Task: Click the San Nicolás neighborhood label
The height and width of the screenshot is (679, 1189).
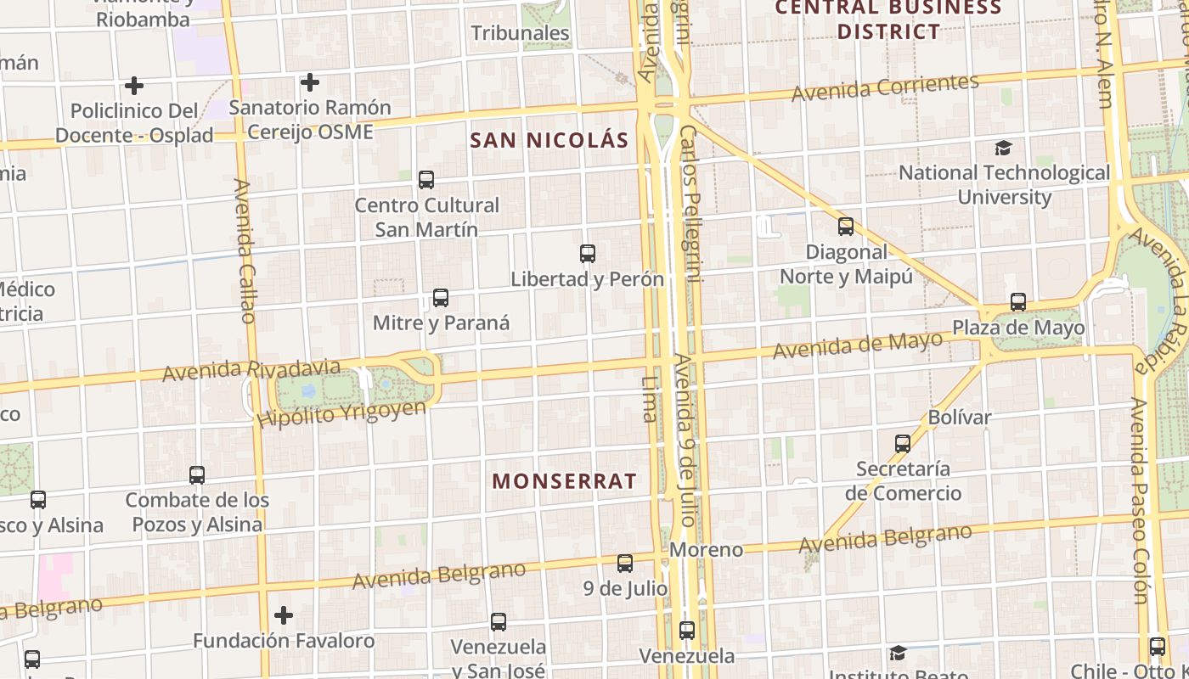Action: click(x=549, y=140)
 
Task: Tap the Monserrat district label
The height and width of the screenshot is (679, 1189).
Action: click(x=564, y=481)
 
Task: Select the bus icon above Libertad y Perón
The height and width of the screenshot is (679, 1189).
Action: click(x=587, y=253)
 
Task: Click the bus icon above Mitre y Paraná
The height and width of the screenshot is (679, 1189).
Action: click(x=440, y=298)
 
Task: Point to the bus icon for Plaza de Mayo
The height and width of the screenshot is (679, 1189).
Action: click(x=1017, y=302)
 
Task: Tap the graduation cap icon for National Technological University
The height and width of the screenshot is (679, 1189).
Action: click(x=1003, y=149)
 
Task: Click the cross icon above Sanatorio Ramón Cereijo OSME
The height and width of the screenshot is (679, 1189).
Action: click(x=310, y=82)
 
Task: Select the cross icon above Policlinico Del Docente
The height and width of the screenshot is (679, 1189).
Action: click(x=133, y=86)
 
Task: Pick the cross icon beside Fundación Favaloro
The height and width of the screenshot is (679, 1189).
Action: click(x=284, y=614)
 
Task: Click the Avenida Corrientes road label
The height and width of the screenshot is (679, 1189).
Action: click(x=885, y=87)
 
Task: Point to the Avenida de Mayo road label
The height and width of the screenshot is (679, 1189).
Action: click(x=857, y=345)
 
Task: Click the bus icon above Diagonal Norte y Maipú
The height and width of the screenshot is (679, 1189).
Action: click(x=845, y=227)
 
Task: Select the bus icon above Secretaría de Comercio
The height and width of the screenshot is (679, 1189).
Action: click(x=902, y=443)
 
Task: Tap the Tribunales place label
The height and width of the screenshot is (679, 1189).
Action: click(x=520, y=33)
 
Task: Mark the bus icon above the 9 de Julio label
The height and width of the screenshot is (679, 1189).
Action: click(x=625, y=563)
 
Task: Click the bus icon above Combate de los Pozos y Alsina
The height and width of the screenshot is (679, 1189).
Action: click(x=197, y=475)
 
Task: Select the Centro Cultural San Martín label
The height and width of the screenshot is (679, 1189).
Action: click(x=426, y=217)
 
